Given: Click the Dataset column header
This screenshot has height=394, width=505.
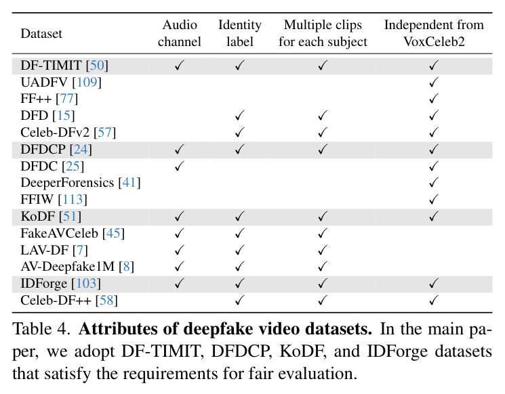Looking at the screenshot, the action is coord(41,33).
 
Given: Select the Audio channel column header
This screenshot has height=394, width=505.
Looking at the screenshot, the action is coord(180,33).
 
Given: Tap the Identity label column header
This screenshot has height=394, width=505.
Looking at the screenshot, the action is coord(239,33).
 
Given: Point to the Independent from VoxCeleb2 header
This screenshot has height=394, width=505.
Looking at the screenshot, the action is coord(434,33).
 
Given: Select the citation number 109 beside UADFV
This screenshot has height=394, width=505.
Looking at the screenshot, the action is coord(87,82).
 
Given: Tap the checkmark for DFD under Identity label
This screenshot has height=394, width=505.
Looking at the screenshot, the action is coord(239,115).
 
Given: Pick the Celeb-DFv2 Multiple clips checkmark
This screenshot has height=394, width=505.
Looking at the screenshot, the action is coord(323,132).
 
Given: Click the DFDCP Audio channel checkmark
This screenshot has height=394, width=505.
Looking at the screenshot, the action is coord(180,149).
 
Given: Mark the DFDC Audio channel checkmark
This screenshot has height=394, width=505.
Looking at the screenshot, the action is coord(180,166).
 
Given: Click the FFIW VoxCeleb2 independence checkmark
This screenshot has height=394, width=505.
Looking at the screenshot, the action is coord(434,200).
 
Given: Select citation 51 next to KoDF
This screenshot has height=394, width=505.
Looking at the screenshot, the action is coord(70,216).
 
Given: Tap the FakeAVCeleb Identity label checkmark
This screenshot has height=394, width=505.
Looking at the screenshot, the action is coord(239,233).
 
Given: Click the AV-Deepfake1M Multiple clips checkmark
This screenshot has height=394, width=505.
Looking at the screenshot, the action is coord(323,266).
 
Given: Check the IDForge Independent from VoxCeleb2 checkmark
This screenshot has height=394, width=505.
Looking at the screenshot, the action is coord(434,284).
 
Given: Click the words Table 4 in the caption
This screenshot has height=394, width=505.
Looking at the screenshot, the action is coord(41,329).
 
